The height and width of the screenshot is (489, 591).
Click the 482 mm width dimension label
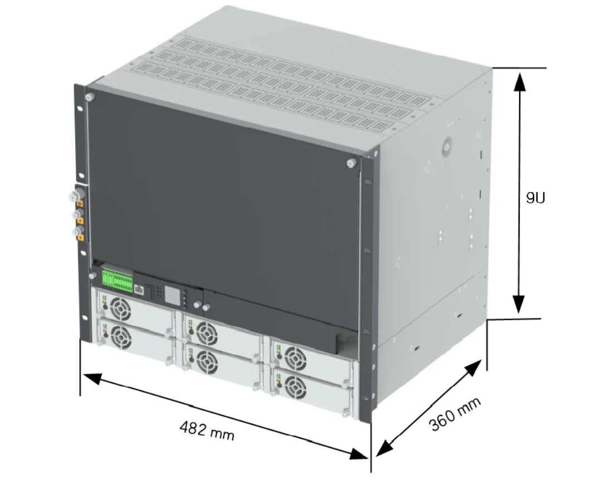click(x=207, y=431)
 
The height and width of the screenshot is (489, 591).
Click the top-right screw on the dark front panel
click(x=350, y=163)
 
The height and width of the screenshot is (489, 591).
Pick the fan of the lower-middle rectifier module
click(x=208, y=363)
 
